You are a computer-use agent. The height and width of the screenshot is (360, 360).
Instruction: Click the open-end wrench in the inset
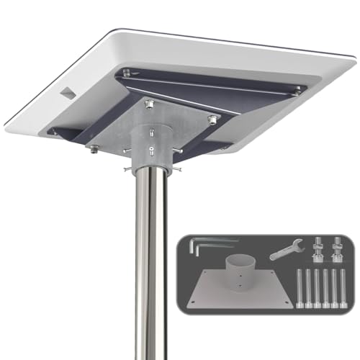click(286, 250)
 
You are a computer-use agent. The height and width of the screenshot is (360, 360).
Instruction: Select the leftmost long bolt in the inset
click(299, 289)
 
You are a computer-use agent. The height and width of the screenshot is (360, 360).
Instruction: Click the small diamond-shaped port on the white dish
click(67, 93)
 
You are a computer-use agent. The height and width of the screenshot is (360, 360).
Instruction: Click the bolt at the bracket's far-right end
click(295, 89)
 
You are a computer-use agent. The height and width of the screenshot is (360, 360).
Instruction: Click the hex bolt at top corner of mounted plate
click(150, 105)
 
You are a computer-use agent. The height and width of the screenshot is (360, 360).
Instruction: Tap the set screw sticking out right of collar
click(176, 169)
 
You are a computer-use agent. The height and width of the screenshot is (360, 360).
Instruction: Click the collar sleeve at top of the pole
click(151, 148)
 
